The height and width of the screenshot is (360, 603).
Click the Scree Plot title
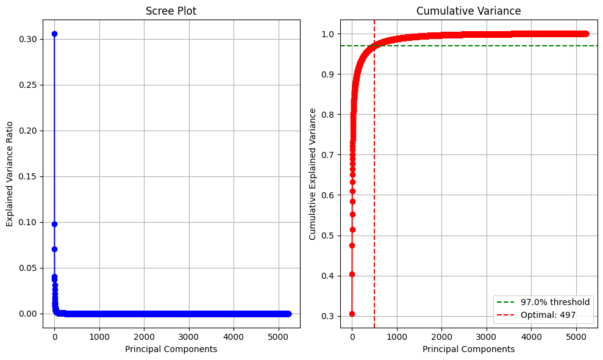coord(171,11)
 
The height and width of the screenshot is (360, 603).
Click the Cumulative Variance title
coord(468,11)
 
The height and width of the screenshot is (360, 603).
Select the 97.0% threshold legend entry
coord(555,302)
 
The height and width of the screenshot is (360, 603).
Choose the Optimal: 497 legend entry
coord(548,315)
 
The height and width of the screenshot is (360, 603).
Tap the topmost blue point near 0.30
coord(54,34)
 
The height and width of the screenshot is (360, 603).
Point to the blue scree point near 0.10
coord(54,224)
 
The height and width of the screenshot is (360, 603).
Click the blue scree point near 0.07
coord(54,249)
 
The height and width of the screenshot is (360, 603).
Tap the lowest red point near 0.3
coord(352,314)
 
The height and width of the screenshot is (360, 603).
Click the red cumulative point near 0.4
coord(352,274)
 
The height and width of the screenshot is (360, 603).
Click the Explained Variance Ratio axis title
coord(10,174)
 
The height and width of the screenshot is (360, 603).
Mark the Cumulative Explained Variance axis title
coord(313,174)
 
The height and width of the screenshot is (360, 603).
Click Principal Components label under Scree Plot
coord(171,349)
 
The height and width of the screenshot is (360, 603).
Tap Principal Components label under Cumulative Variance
coord(468,349)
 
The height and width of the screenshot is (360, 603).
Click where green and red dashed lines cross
coord(374,46)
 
